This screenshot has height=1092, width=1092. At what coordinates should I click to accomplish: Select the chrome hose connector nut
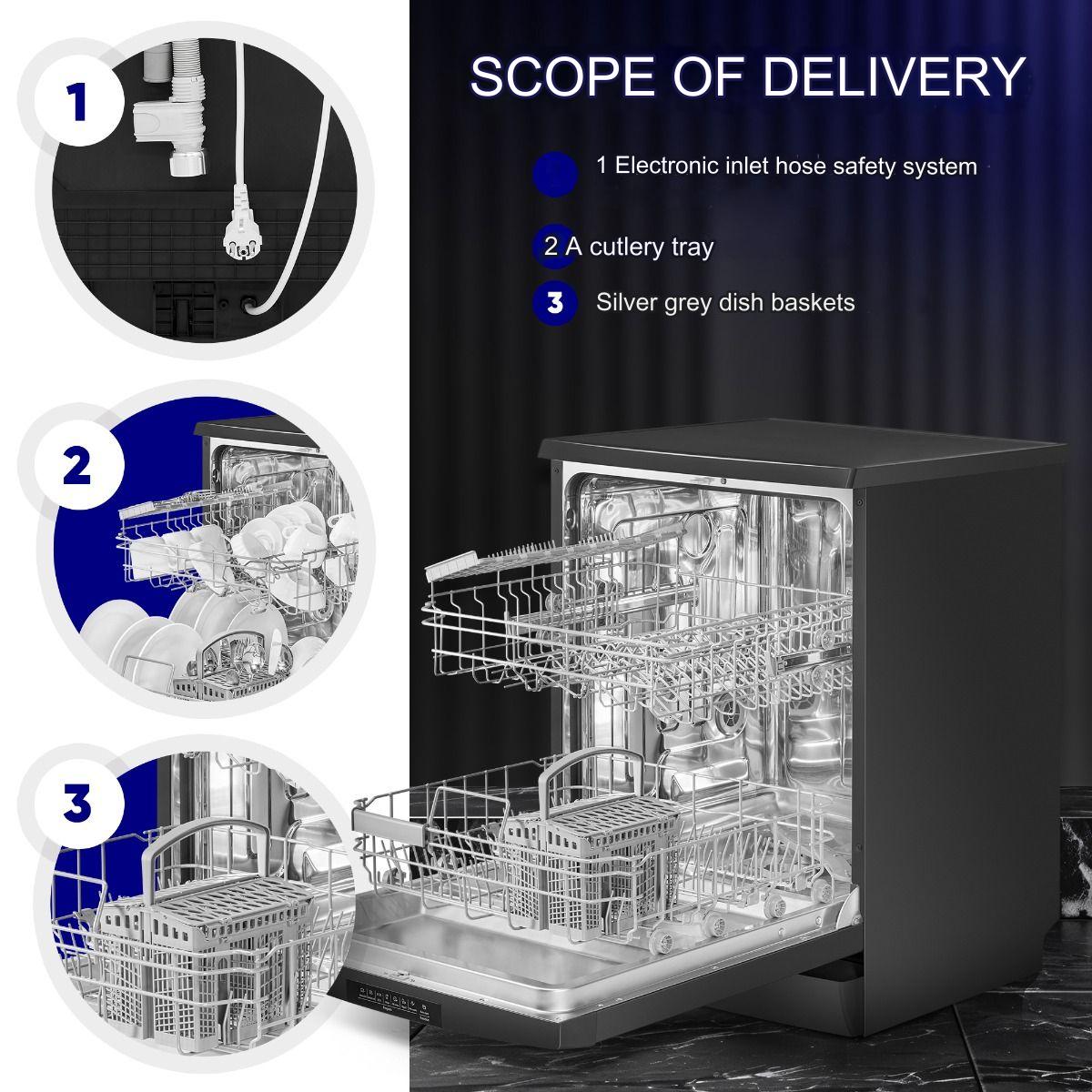click(x=187, y=164)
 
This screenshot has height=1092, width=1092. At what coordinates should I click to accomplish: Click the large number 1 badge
click(x=78, y=102)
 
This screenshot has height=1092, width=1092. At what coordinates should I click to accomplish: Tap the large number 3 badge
click(x=78, y=804)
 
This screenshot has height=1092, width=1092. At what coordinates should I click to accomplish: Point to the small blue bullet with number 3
click(x=555, y=303)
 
